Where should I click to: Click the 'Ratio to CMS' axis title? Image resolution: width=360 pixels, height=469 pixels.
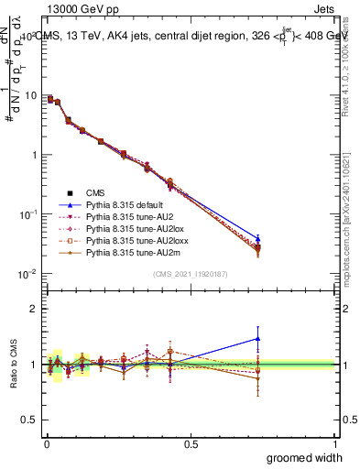click(12, 360)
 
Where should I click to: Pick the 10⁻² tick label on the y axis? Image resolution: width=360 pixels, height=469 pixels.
click(26, 274)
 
